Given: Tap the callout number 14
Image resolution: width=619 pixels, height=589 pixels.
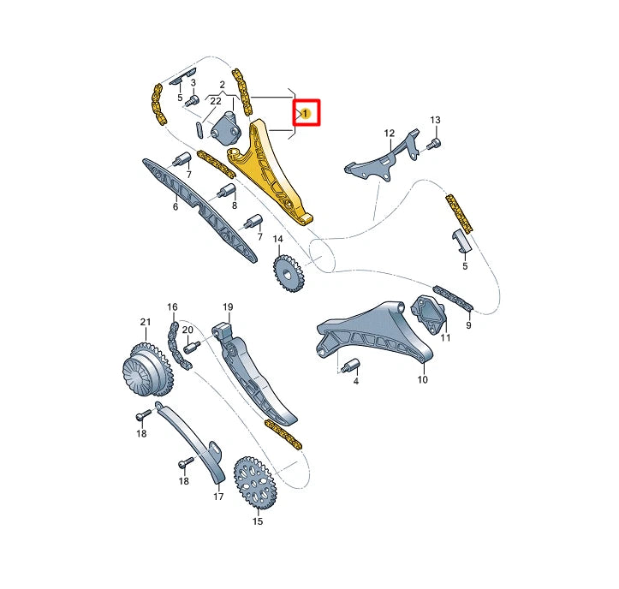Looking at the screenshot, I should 277,238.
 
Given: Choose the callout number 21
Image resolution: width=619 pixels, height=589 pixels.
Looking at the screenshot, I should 145,322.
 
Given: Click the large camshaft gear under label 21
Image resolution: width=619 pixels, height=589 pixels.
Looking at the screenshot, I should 140,369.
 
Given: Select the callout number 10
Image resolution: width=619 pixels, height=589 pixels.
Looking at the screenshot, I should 422,379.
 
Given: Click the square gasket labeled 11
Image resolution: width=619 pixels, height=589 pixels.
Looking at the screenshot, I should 431,313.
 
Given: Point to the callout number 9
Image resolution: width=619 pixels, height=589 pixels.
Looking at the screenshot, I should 469,325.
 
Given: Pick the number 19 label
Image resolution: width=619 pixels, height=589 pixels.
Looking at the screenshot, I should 228,306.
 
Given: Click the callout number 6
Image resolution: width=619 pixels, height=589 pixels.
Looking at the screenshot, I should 176,206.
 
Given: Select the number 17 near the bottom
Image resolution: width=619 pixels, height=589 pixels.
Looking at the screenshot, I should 217,496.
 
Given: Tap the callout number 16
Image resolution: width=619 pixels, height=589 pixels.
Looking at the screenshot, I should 172,307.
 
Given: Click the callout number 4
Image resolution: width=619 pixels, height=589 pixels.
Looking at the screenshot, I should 356,379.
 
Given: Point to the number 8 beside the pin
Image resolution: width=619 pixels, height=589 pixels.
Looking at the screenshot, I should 233,206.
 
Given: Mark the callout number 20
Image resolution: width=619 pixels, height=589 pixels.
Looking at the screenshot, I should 187,330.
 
